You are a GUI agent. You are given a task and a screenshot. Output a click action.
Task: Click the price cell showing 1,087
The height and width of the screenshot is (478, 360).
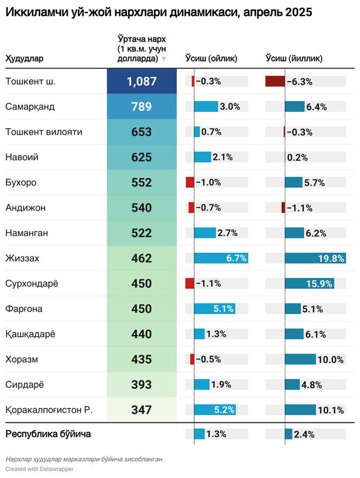click(x=141, y=82)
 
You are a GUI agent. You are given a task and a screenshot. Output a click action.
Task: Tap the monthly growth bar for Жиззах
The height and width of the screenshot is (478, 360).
click(x=221, y=259)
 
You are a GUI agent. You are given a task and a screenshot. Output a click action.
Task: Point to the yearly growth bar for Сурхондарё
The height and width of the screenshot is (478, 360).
click(x=310, y=284)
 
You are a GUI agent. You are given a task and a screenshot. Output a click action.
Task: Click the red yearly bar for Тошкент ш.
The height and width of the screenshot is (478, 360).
click(x=275, y=82)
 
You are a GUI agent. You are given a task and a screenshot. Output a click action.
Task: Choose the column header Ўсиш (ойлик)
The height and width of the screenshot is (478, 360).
click(x=211, y=58)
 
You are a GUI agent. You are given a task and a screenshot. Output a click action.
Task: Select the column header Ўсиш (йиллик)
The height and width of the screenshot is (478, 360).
click(x=294, y=58)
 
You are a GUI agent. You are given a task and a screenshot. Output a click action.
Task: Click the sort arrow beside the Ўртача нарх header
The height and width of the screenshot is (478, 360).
click(x=164, y=59)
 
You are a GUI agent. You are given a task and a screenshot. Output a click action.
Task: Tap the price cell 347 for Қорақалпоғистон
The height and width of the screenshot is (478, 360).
click(x=141, y=410)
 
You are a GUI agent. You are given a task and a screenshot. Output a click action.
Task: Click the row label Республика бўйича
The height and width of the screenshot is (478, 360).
click(x=48, y=434)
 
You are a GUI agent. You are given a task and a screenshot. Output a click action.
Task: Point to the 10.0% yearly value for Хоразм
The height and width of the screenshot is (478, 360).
click(x=330, y=360)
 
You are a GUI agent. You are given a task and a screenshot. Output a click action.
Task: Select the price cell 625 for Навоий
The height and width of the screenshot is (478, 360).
click(x=141, y=157)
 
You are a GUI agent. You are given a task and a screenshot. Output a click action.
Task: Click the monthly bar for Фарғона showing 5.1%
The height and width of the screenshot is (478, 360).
click(x=214, y=309)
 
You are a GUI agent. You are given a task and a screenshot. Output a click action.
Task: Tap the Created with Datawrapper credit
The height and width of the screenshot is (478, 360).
click(x=39, y=469)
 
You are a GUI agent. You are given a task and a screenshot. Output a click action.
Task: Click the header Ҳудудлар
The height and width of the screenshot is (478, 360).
click(x=24, y=58)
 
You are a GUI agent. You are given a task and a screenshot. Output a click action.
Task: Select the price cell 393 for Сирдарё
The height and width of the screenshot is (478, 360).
click(x=141, y=385)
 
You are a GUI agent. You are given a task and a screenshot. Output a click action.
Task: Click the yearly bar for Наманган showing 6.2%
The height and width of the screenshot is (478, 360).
click(x=294, y=233)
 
